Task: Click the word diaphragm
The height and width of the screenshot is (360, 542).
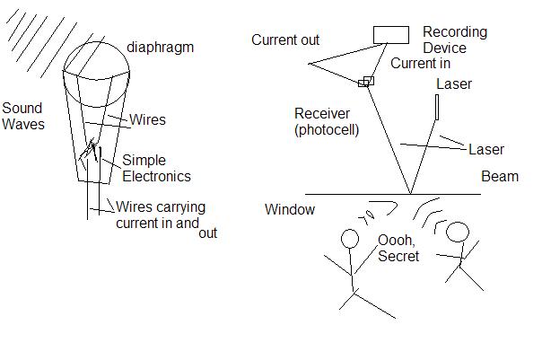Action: [160, 48]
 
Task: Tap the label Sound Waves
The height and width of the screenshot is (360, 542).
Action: [23, 116]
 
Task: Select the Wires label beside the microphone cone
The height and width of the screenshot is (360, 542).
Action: [147, 119]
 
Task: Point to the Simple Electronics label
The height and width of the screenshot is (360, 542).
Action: [156, 168]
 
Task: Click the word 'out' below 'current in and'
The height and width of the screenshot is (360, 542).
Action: [208, 233]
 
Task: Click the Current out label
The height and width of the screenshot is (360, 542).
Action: [285, 40]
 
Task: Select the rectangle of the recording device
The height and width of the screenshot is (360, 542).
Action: [391, 35]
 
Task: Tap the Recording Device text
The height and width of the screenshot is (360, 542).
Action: [455, 40]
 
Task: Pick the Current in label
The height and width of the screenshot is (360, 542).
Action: [420, 63]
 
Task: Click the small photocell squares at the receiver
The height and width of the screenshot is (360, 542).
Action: [366, 82]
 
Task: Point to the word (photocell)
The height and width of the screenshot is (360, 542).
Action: [327, 130]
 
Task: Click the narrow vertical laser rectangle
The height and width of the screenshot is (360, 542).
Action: [437, 107]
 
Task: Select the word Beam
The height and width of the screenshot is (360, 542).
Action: [500, 176]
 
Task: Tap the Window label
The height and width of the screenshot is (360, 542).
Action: [290, 209]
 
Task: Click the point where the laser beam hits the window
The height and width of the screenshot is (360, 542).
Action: [411, 194]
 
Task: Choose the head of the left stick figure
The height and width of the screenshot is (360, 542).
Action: [350, 239]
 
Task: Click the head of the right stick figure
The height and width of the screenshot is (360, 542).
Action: [458, 232]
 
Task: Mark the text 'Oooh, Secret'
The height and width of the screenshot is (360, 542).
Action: [398, 249]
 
